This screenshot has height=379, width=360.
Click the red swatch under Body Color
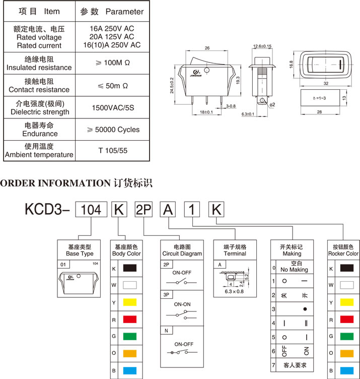[x=130, y=320]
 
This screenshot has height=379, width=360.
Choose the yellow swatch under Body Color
[x=130, y=302]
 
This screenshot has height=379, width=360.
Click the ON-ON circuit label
[x=182, y=305]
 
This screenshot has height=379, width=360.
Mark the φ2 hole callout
[x=272, y=104]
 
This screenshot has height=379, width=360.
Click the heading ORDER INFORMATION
[x=55, y=182]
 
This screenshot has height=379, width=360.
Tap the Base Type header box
[x=80, y=250]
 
